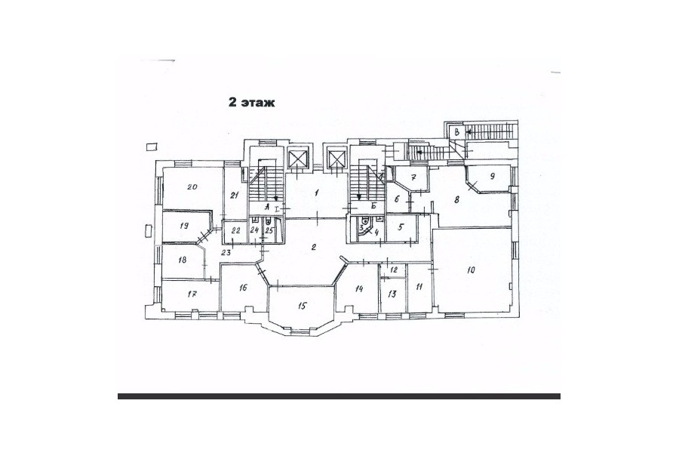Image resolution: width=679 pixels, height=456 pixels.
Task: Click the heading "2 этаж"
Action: coord(251,103)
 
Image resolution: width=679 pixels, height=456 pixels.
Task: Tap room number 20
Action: coord(192,186)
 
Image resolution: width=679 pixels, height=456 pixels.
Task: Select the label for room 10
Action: coord(471,270)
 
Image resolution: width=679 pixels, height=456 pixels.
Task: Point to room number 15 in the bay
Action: coord(303,306)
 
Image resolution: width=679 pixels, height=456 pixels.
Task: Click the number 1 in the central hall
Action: coord(317,193)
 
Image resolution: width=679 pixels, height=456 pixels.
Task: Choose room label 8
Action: coord(456,200)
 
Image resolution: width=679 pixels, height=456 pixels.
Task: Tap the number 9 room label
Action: coord(492,176)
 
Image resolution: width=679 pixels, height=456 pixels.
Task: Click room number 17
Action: coord(192,294)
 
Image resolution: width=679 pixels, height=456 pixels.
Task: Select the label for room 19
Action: coord(184,226)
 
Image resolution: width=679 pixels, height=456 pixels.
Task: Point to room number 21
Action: coord(235,195)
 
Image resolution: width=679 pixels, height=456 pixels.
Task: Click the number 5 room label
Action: coord(401,226)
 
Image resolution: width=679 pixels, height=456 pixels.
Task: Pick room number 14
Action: coord(358,288)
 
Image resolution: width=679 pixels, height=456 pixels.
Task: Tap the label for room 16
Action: coord(243,288)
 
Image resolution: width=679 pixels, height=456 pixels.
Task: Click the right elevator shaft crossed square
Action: coord(337,157)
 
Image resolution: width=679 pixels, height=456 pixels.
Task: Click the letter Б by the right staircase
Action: coord(373,206)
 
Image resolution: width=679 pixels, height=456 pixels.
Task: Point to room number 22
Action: coord(236,230)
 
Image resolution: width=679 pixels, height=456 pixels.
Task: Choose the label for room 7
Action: coord(413,177)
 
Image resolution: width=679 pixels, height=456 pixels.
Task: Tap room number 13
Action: coord(392,294)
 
